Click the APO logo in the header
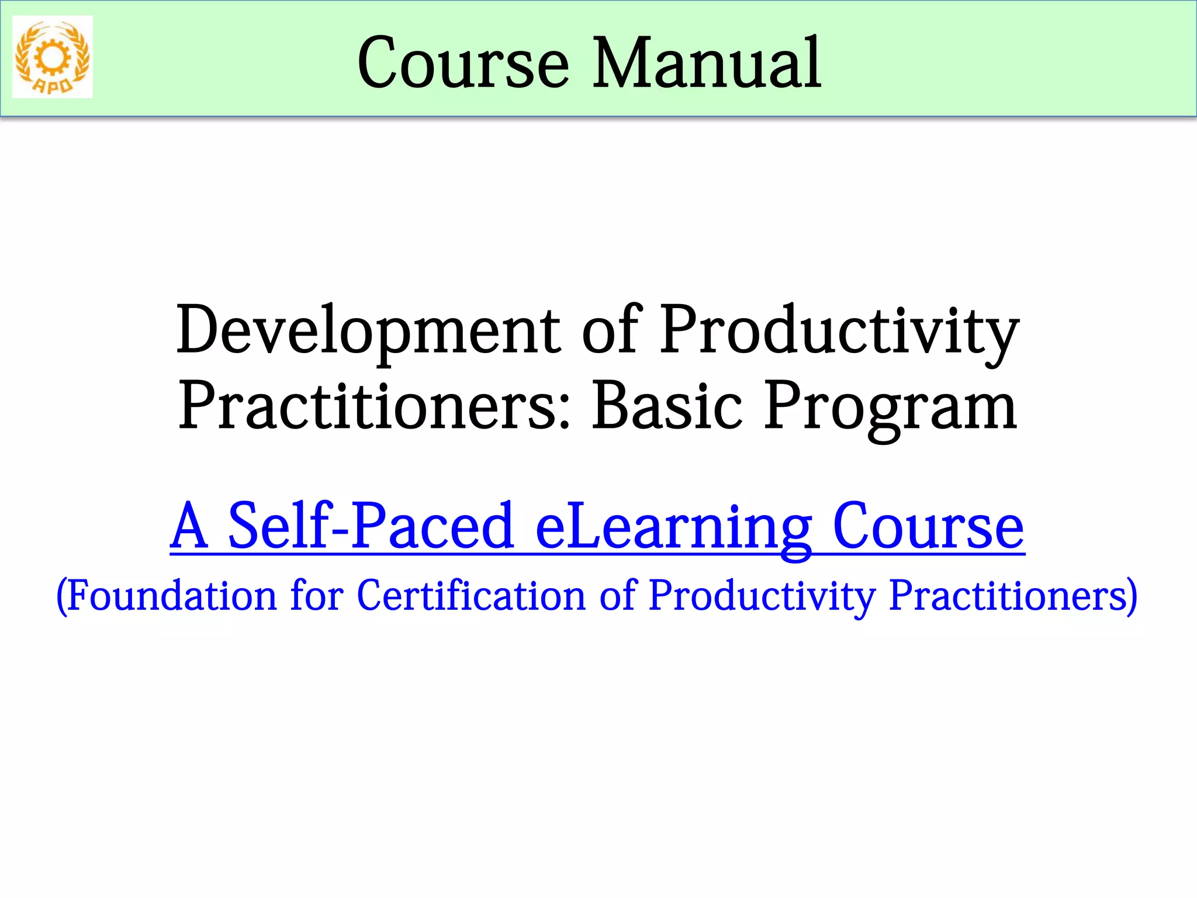(53, 57)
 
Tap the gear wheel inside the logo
(53, 56)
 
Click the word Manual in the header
(707, 63)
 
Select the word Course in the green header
(463, 63)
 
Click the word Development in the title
(368, 330)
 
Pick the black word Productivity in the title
(840, 330)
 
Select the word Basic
(667, 406)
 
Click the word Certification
(471, 596)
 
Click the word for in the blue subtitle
(317, 596)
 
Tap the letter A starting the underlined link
(189, 526)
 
